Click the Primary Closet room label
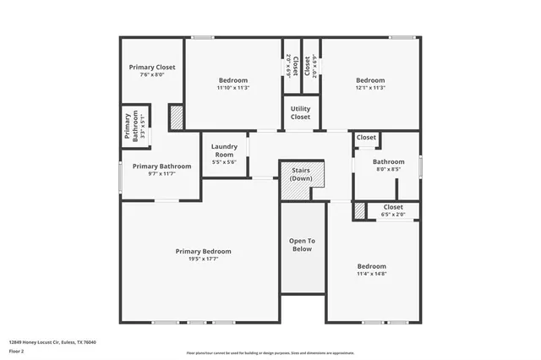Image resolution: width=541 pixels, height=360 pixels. (x=152, y=67)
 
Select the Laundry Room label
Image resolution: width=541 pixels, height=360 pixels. (x=224, y=150)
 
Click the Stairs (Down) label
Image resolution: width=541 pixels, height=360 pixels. (x=301, y=174)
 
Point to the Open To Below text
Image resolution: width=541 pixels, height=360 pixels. (x=302, y=244)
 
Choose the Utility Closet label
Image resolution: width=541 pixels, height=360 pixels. (x=300, y=112)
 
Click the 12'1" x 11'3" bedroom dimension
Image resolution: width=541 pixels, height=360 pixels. (x=370, y=87)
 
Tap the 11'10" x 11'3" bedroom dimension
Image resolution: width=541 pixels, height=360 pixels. (x=233, y=87)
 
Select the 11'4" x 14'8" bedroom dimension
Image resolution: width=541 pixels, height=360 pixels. (x=371, y=274)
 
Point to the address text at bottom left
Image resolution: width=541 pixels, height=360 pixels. (x=52, y=342)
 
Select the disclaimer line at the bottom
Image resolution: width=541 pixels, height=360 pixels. (x=270, y=352)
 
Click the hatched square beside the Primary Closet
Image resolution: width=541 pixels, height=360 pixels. (x=177, y=117)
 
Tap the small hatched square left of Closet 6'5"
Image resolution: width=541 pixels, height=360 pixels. (x=358, y=210)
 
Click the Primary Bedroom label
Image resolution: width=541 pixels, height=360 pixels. (x=203, y=251)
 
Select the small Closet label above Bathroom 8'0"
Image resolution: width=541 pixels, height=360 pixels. (x=366, y=137)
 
